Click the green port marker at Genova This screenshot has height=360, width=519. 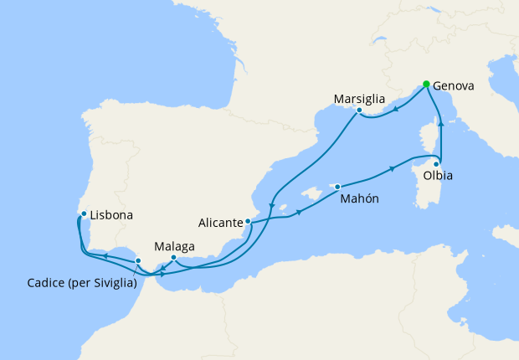click(x=426, y=84)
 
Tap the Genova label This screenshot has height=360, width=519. click(x=455, y=85)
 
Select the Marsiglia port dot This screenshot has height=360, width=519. click(x=358, y=111)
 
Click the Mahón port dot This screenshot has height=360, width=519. click(x=337, y=187)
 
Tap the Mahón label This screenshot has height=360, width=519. click(x=359, y=199)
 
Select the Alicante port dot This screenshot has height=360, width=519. click(x=248, y=222)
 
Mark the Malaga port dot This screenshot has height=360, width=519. click(x=173, y=257)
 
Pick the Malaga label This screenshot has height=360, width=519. click(x=174, y=246)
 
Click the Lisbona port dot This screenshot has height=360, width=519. click(x=84, y=213)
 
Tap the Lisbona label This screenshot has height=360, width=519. click(x=111, y=215)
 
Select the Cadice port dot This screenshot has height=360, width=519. click(x=137, y=260)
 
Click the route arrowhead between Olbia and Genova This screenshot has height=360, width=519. click(x=440, y=123)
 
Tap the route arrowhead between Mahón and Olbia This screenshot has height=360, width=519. click(x=393, y=171)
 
